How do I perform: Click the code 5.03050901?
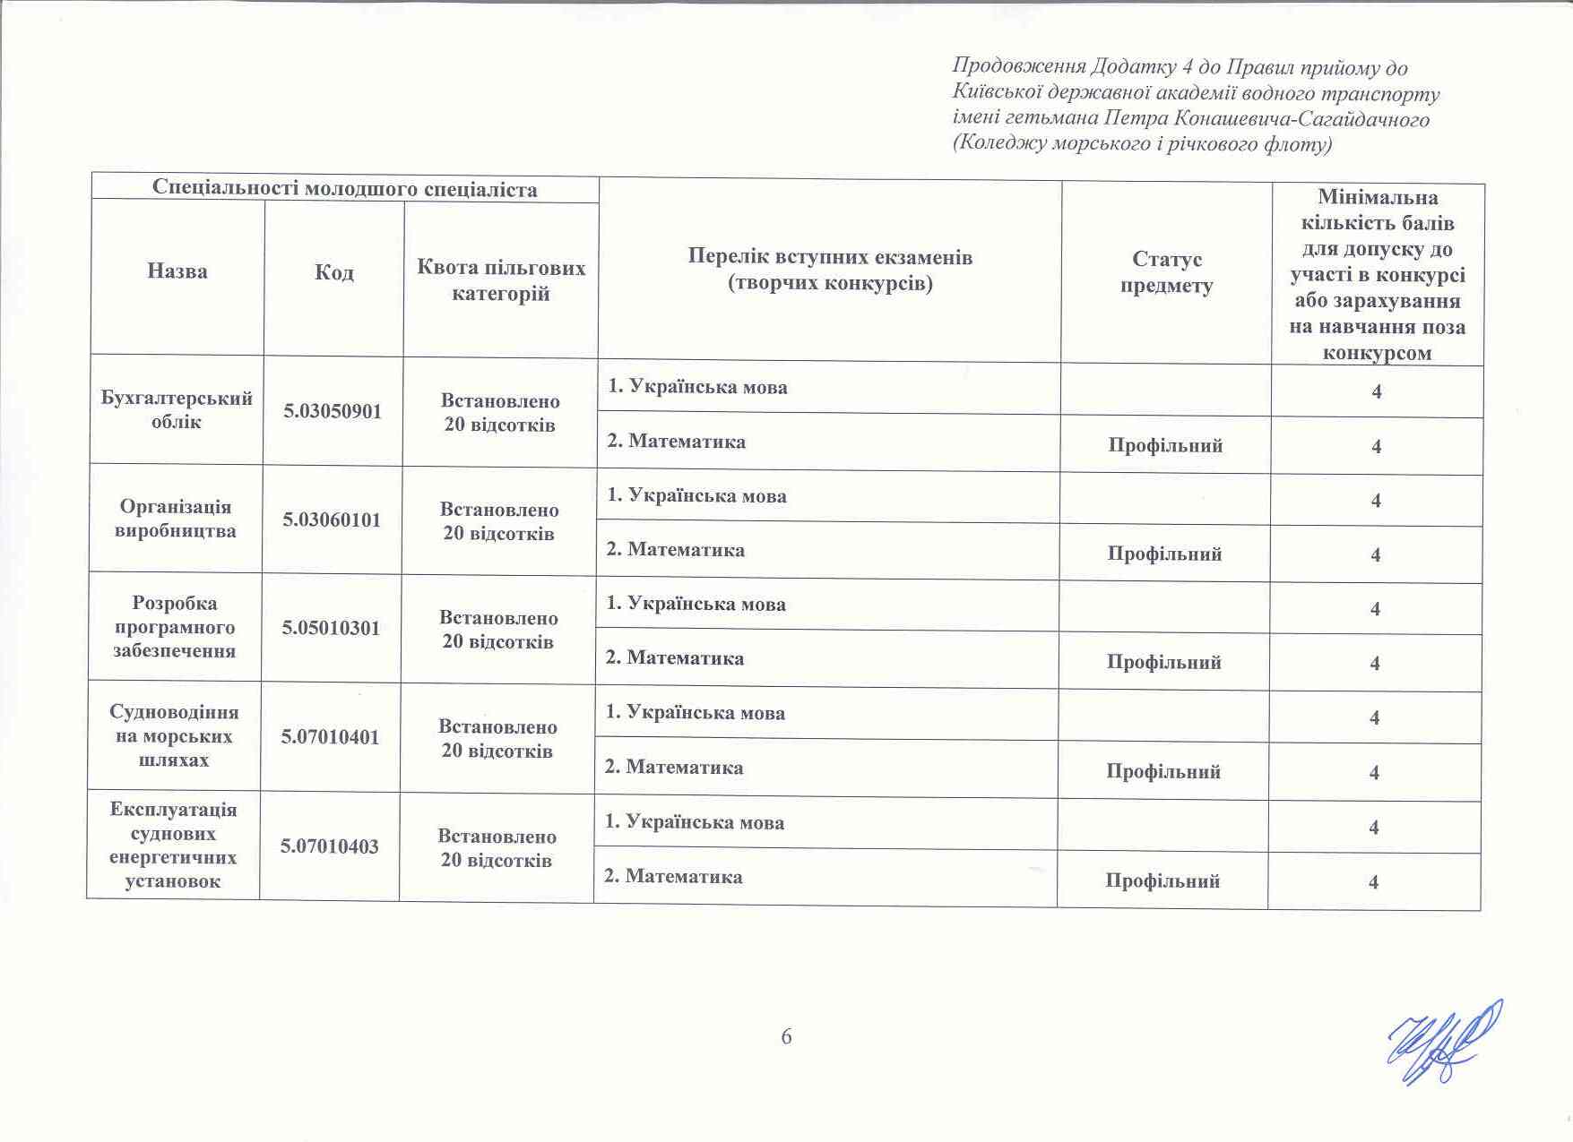(333, 412)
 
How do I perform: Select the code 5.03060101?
(333, 520)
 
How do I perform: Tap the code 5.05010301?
(332, 629)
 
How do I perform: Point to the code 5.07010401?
(331, 738)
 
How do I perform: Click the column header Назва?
(177, 271)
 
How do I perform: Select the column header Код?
(334, 272)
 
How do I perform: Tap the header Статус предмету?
(1167, 272)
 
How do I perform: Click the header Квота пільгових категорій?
(501, 280)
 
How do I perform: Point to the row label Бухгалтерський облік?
(177, 410)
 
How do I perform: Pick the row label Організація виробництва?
(176, 519)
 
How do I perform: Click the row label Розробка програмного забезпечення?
(175, 627)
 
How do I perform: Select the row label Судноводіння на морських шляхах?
(174, 736)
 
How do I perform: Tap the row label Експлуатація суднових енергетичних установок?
(173, 846)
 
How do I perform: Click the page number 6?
(786, 1037)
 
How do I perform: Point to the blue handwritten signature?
(1443, 1042)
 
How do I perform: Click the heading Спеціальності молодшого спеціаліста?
(345, 188)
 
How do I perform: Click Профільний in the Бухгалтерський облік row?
(1165, 446)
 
